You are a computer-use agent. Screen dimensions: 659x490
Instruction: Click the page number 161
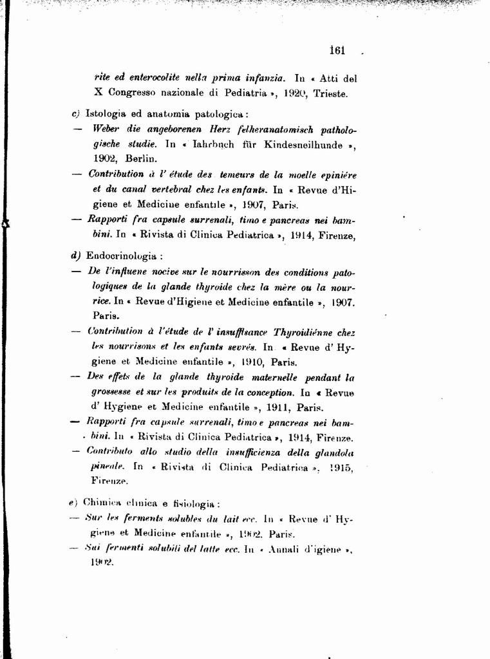337,51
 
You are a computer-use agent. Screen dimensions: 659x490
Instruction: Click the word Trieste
330,93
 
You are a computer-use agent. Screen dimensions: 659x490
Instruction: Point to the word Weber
106,129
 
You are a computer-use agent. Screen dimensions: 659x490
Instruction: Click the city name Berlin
142,158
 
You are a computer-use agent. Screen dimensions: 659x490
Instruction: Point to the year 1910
245,362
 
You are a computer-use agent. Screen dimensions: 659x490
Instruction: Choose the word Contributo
109,452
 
